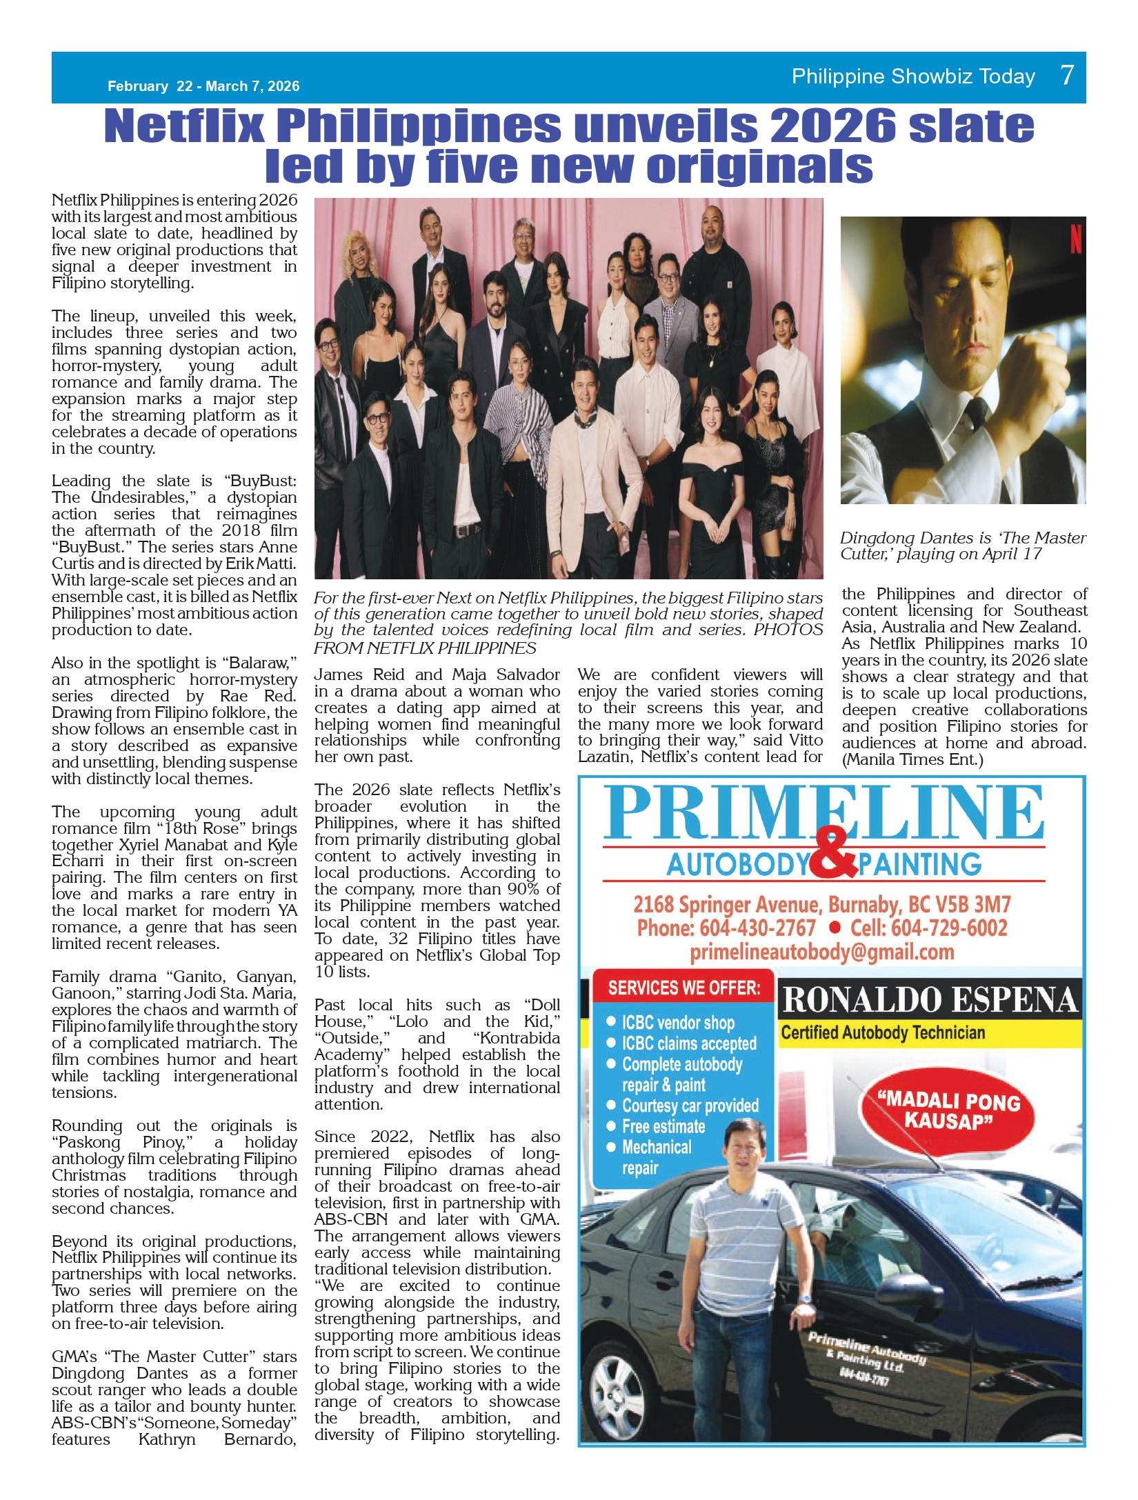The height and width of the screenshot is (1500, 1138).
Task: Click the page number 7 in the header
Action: pyautogui.click(x=1066, y=74)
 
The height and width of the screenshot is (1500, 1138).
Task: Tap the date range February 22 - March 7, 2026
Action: pyautogui.click(x=203, y=86)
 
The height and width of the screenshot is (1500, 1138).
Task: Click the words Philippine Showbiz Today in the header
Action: pyautogui.click(x=913, y=77)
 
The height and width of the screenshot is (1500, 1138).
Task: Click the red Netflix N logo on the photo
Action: pyautogui.click(x=1075, y=237)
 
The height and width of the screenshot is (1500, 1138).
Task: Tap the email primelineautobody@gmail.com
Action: pyautogui.click(x=821, y=952)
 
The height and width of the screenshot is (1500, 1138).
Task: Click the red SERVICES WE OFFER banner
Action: pyautogui.click(x=683, y=988)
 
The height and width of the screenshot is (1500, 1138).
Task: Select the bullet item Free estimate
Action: pyautogui.click(x=663, y=1126)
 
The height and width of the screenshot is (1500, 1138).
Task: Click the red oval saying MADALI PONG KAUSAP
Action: pyautogui.click(x=948, y=1111)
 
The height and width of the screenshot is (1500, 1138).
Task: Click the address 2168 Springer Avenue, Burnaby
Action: pyautogui.click(x=821, y=904)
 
